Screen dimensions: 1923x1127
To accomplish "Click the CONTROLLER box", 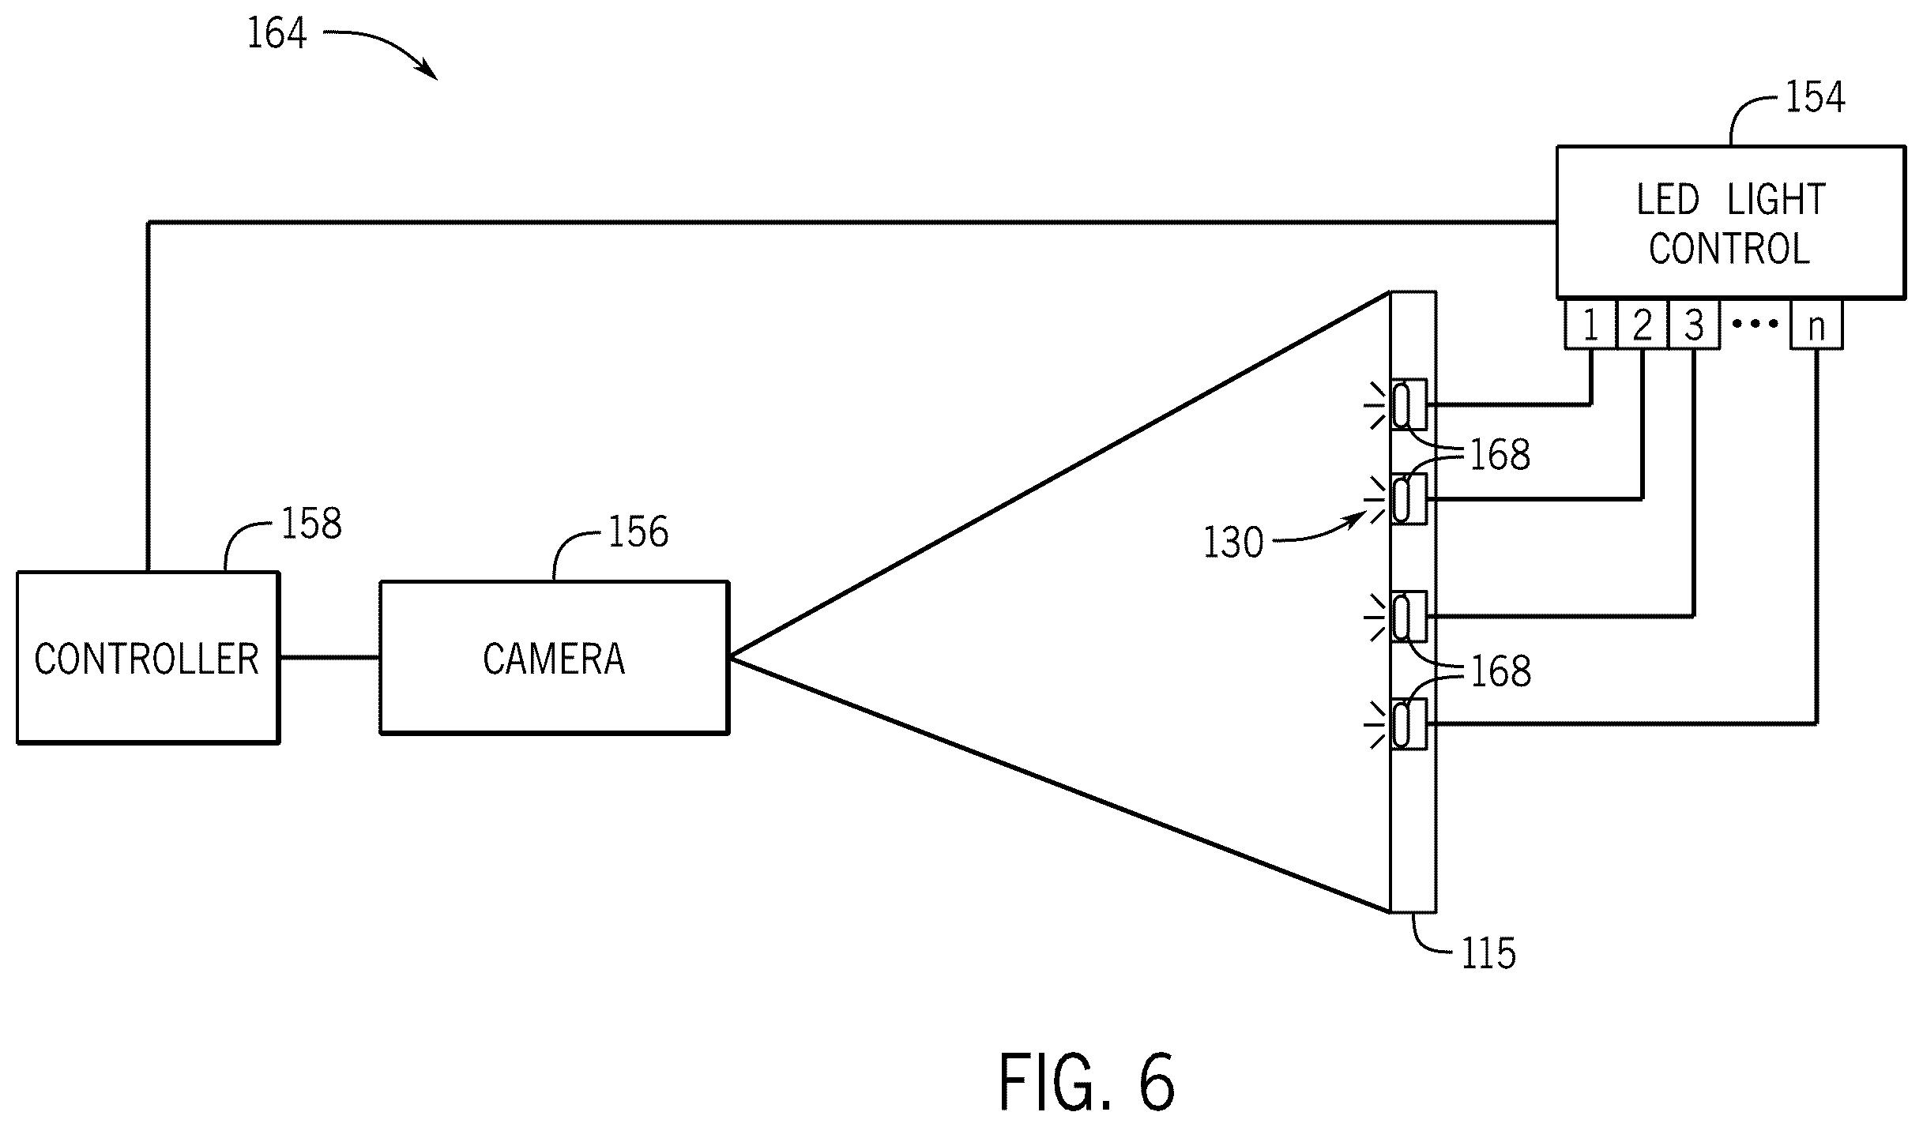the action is [x=148, y=657].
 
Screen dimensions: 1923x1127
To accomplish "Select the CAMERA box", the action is [x=554, y=658].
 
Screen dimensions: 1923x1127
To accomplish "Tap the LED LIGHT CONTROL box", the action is [x=1730, y=222].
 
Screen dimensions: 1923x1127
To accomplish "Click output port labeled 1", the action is [x=1590, y=324].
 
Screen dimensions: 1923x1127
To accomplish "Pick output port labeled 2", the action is [x=1643, y=324].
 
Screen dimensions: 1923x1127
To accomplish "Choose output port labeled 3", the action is [x=1694, y=324].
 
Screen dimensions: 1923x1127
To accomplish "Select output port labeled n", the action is [x=1816, y=324].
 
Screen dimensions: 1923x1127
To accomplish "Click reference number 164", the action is [x=277, y=34].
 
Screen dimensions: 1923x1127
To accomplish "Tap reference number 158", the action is [x=311, y=523].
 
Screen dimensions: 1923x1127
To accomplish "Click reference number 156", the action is [x=638, y=532].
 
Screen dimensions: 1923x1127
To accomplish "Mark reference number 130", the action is [x=1233, y=543].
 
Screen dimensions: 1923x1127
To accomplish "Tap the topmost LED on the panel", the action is [x=1409, y=404].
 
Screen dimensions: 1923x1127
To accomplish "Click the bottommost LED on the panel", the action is [x=1409, y=724].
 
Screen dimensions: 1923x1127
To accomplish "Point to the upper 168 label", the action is [x=1500, y=455].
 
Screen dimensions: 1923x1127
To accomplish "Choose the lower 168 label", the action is [x=1500, y=671].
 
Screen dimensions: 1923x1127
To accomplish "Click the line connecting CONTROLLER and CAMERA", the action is [x=329, y=657].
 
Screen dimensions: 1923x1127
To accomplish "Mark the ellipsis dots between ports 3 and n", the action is [x=1756, y=324].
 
